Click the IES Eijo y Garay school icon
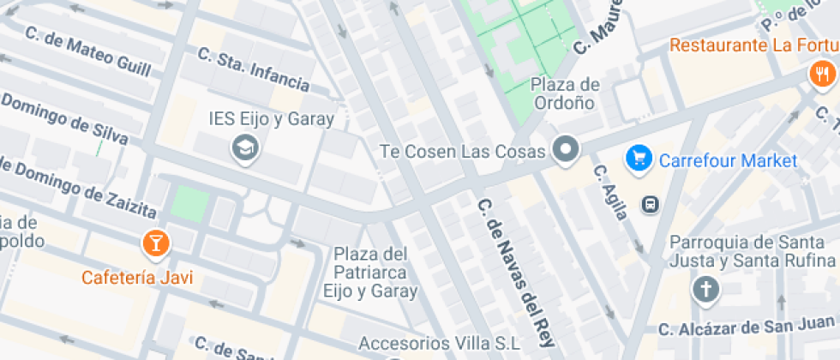246,149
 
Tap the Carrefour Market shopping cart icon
638,159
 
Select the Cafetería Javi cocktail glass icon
155,243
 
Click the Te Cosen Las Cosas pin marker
566,150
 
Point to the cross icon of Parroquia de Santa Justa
705,290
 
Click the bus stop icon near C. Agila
651,204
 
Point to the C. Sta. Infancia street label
253,70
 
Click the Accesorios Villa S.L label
439,343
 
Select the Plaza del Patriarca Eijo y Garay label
369,273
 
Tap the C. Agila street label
609,192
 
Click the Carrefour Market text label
728,160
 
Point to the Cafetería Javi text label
137,278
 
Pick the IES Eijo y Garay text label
271,119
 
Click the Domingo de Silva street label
64,119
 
